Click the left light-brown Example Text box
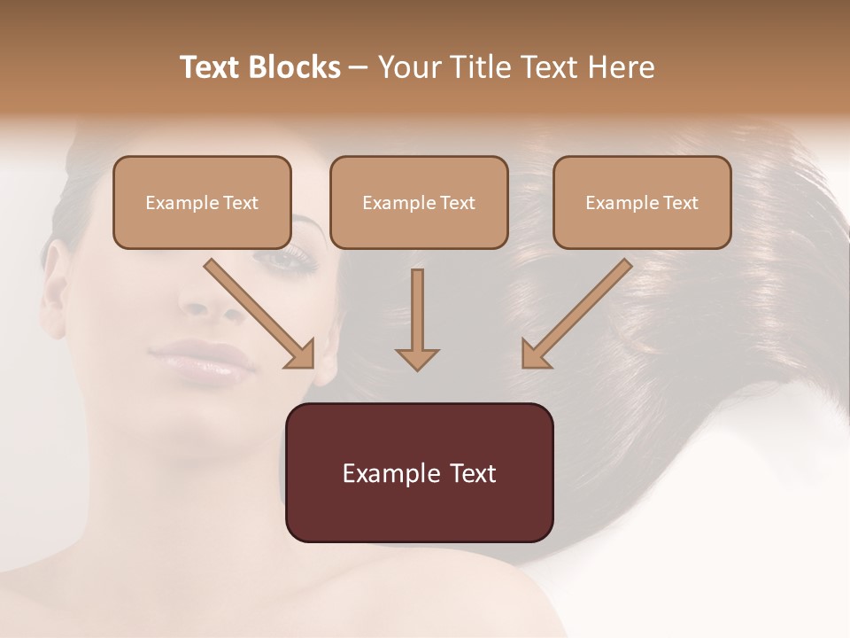202,202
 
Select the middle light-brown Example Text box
419,202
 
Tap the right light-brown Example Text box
642,202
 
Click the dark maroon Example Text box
419,472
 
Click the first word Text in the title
212,67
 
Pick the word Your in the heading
407,67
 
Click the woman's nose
205,301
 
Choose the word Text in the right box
680,202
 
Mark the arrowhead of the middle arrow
417,358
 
